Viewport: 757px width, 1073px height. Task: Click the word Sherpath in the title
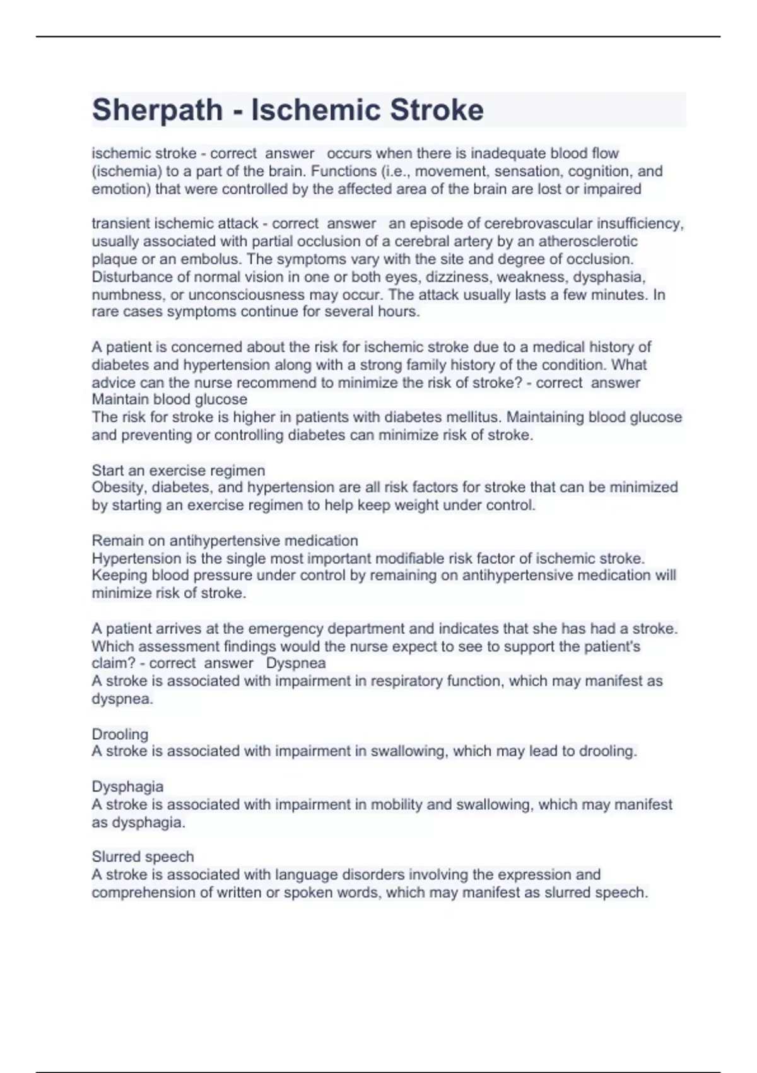157,110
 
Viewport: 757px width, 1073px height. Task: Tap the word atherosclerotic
587,241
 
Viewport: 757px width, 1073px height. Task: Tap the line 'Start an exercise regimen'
178,470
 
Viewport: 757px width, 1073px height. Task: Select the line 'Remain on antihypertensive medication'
225,540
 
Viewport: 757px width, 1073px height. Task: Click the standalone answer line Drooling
120,734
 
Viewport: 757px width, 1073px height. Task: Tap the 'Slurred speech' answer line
143,857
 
